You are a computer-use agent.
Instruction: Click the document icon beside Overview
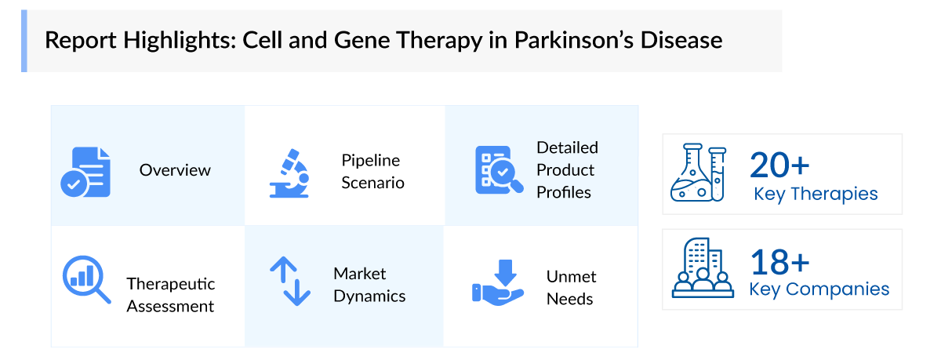click(85, 172)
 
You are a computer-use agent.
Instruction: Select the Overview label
click(175, 170)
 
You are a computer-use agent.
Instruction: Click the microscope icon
click(289, 172)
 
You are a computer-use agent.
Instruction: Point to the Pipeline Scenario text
click(372, 172)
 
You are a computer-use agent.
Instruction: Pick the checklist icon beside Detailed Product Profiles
click(495, 169)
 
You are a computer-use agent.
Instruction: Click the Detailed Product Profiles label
click(567, 169)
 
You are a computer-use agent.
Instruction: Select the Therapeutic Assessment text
click(170, 294)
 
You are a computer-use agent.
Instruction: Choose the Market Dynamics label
click(369, 285)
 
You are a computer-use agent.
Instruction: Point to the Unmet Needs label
click(571, 288)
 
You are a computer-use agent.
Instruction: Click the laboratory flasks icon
click(699, 173)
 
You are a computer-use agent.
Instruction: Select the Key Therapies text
click(816, 194)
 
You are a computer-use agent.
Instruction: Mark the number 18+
click(779, 260)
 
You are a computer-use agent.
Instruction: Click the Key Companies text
click(819, 289)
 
